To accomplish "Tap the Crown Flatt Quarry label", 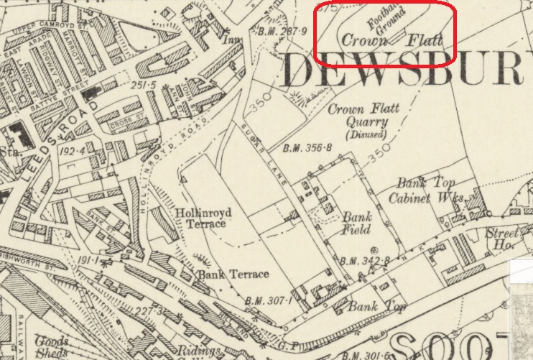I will point(363,116).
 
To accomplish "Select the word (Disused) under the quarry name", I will point(365,134).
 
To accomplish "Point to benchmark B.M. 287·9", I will point(282,32).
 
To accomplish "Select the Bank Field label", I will point(356,223).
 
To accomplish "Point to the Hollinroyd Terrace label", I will point(200,218).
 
